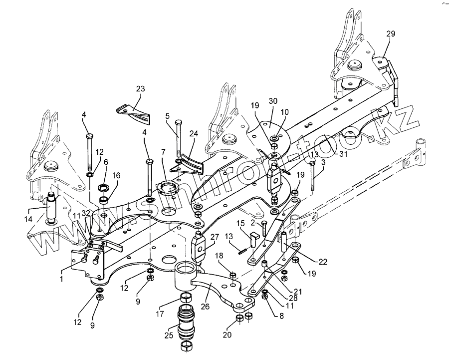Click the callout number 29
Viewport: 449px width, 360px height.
click(391, 34)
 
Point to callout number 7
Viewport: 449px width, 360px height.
click(163, 152)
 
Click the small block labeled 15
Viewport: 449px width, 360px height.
click(252, 239)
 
